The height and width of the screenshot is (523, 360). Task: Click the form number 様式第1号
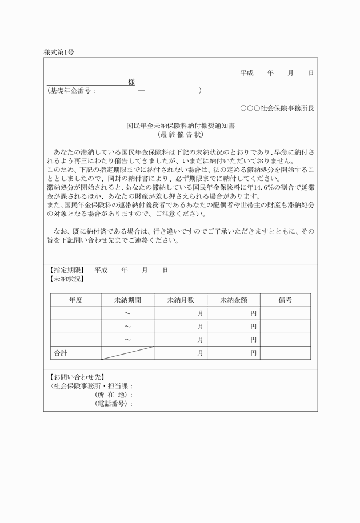click(59, 53)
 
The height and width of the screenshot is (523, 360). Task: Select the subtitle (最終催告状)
click(180, 135)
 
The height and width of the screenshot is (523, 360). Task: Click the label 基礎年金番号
click(71, 91)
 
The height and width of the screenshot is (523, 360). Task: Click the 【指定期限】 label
click(66, 269)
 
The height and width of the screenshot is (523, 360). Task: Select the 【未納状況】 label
click(66, 279)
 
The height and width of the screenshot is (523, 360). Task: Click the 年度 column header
click(76, 300)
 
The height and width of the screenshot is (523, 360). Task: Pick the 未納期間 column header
click(127, 300)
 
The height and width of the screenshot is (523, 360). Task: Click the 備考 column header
click(285, 300)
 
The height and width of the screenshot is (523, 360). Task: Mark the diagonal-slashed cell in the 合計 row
click(127, 353)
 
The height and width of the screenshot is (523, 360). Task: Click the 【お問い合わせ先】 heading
click(74, 377)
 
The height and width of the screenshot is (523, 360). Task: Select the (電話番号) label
click(113, 404)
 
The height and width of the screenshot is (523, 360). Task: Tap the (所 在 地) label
click(113, 395)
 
